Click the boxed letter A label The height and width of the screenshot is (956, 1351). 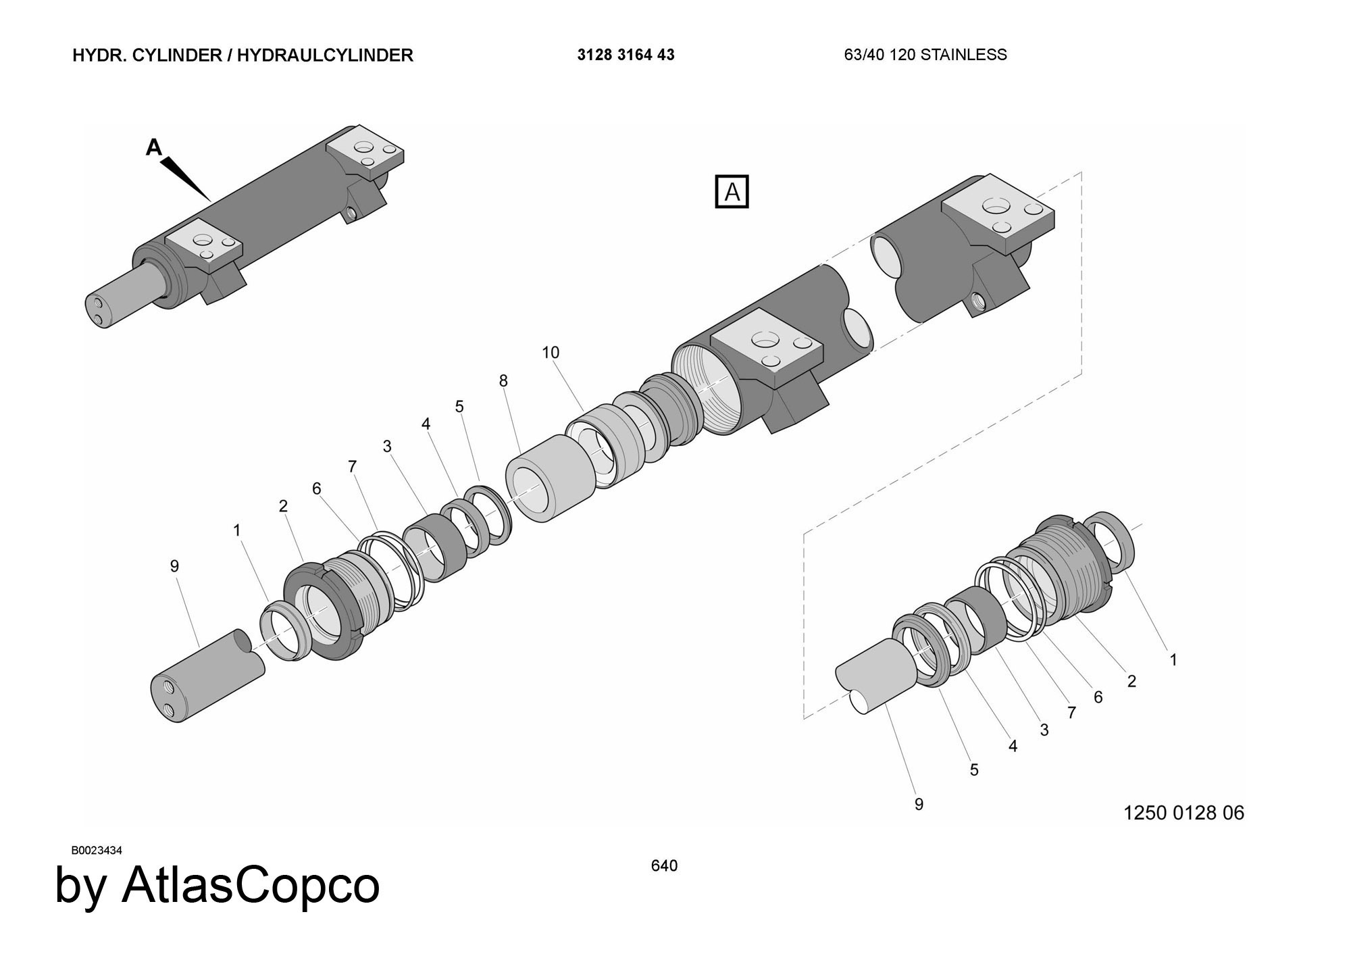732,192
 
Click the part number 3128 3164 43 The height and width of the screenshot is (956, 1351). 626,55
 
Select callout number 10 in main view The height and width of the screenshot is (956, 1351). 551,352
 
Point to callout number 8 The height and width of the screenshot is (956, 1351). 503,380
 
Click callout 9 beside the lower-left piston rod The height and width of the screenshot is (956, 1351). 174,565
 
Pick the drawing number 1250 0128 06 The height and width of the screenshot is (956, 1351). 1183,812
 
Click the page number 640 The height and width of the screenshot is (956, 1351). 664,865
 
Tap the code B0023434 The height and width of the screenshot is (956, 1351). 97,850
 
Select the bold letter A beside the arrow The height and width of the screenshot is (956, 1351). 154,147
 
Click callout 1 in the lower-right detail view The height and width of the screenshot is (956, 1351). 1173,659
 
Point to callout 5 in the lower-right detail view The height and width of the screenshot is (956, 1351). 974,770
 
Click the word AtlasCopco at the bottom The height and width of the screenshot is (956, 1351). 250,885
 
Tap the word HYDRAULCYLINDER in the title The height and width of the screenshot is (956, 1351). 325,55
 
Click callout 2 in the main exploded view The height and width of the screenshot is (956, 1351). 283,505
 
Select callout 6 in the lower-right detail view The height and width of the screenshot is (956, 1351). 1098,697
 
